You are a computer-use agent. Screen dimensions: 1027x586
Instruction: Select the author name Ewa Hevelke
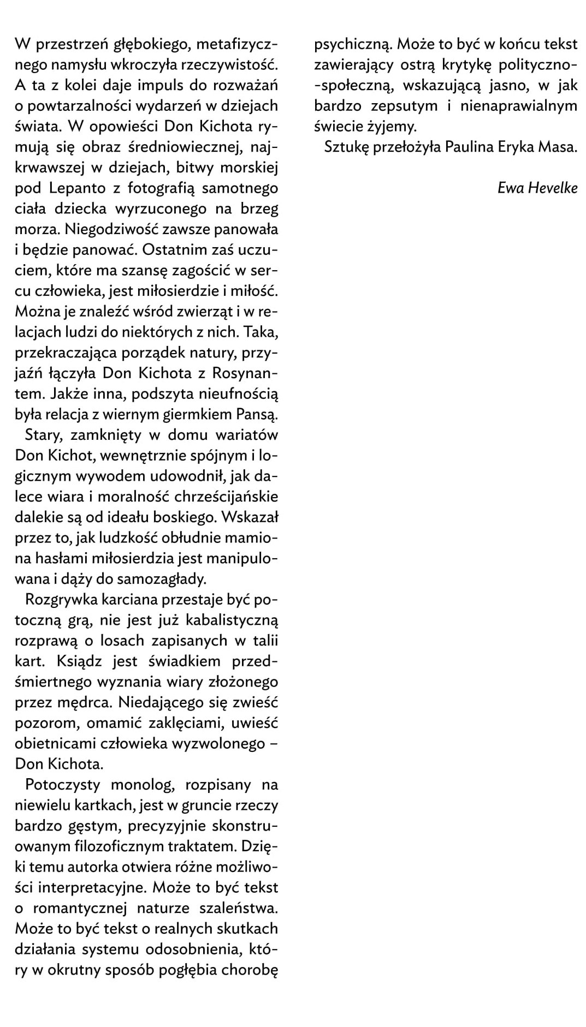point(537,188)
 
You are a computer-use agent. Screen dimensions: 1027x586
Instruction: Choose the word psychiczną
point(353,44)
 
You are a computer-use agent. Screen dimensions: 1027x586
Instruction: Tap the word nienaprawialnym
point(518,106)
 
